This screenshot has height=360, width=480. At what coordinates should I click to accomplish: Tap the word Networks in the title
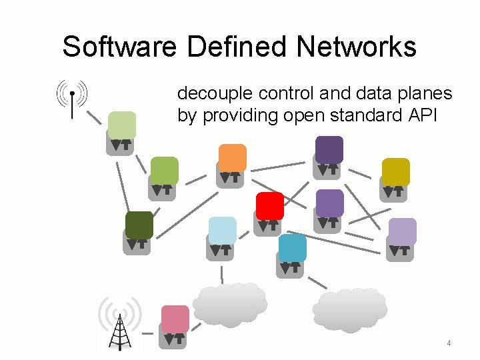(357, 47)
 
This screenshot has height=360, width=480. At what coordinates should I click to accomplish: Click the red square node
(270, 205)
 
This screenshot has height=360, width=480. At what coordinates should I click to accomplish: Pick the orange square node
(233, 157)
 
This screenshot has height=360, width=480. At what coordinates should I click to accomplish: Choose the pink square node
(175, 319)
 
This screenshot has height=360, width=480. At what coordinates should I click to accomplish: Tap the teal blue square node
(293, 248)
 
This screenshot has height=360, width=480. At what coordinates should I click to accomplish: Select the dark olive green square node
(139, 225)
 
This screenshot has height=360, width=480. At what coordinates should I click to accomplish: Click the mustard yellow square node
(395, 171)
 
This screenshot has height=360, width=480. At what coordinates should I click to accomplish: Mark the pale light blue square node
(223, 230)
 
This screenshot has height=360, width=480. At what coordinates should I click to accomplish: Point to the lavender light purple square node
(402, 231)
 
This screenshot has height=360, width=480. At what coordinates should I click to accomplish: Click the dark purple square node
(329, 149)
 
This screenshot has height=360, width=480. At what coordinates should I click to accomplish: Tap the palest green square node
(122, 125)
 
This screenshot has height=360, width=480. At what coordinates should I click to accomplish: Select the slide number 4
(449, 343)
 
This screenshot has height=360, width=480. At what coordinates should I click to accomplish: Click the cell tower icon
(120, 323)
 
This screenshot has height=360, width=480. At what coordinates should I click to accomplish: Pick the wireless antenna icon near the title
(71, 99)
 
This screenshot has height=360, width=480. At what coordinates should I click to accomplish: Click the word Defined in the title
(237, 47)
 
